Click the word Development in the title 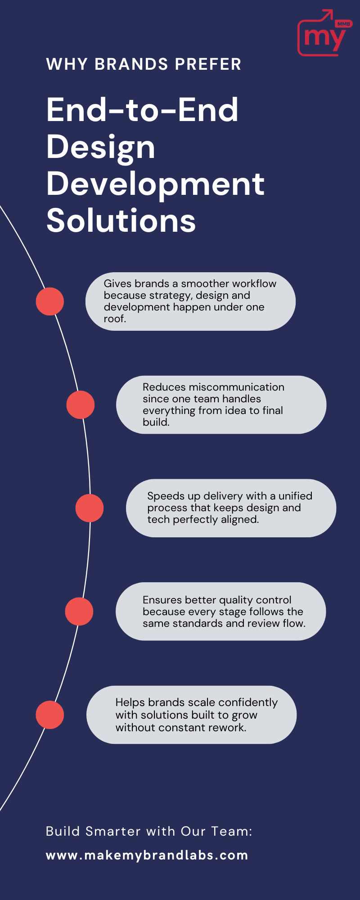pyautogui.click(x=155, y=184)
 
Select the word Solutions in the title pyautogui.click(x=121, y=220)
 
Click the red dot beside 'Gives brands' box pyautogui.click(x=49, y=301)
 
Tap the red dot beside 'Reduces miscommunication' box pyautogui.click(x=80, y=405)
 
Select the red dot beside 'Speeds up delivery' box pyautogui.click(x=90, y=508)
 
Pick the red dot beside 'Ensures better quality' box pyautogui.click(x=79, y=611)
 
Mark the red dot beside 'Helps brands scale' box pyautogui.click(x=49, y=715)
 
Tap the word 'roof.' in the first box pyautogui.click(x=115, y=319)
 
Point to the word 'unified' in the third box pyautogui.click(x=295, y=496)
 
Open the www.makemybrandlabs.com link pyautogui.click(x=147, y=855)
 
